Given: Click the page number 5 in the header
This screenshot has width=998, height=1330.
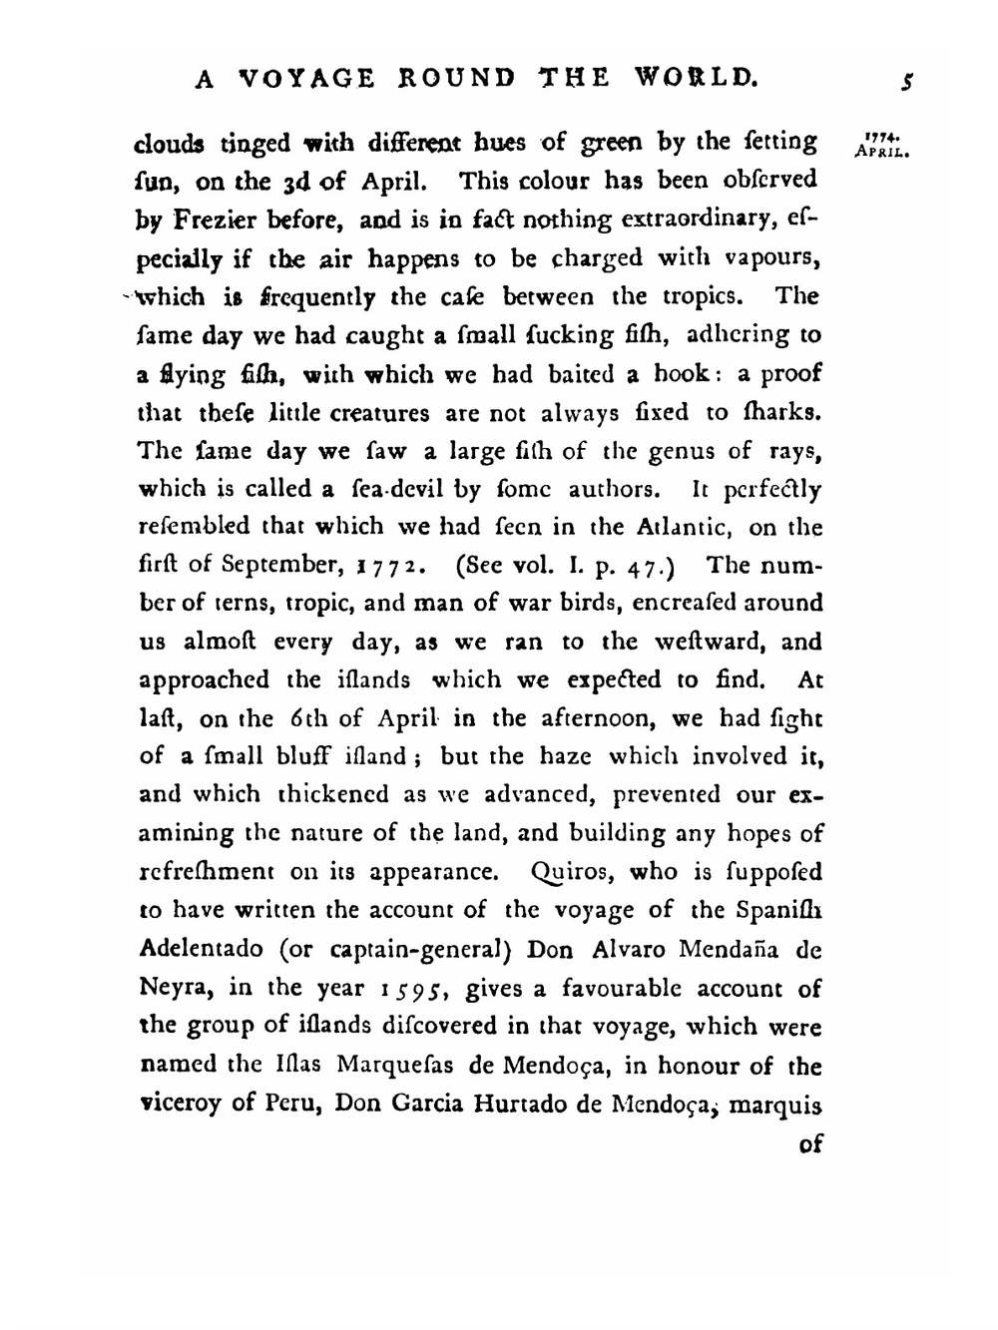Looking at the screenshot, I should (x=906, y=82).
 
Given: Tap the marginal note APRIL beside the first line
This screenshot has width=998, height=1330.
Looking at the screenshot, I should (x=880, y=155).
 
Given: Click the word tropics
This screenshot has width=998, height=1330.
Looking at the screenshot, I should (x=696, y=296).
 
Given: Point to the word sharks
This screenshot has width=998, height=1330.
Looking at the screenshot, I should (x=781, y=412).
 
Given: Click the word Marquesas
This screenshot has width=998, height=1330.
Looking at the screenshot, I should (x=395, y=1065).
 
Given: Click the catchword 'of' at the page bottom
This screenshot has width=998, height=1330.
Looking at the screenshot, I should (x=810, y=1143).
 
